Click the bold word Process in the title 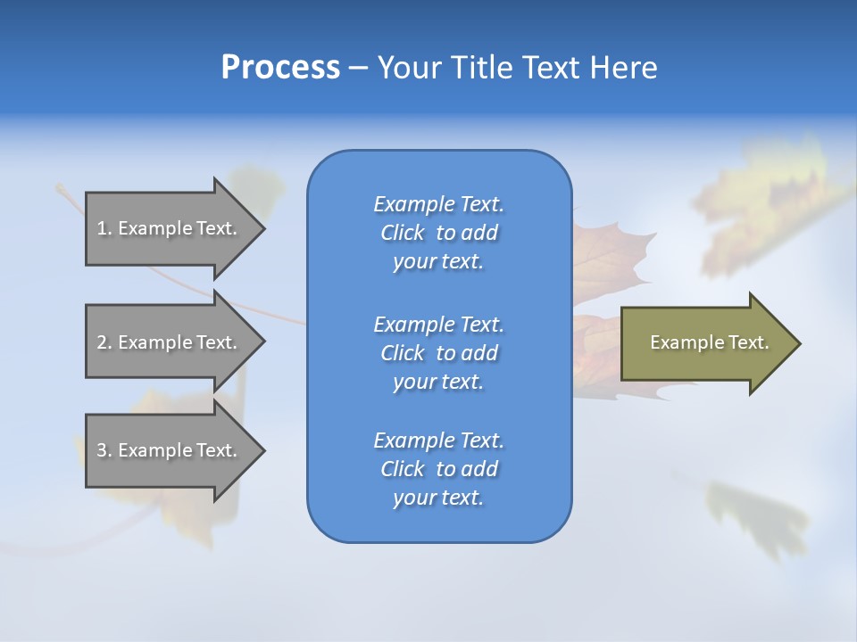point(280,68)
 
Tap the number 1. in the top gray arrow point(104,228)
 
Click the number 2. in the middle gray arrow point(104,342)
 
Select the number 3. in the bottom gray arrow point(104,450)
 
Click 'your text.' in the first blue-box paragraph point(438,262)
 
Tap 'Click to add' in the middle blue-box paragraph point(438,353)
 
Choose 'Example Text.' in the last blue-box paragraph point(438,440)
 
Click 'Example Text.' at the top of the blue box point(438,204)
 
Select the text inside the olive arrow point(709,342)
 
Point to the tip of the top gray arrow point(263,228)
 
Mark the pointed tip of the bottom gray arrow point(263,451)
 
